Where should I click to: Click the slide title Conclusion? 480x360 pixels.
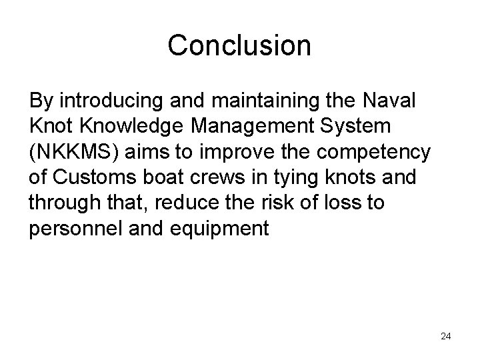239,45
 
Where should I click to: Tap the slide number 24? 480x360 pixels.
445,336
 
